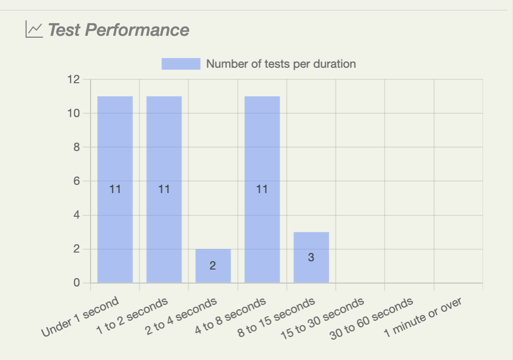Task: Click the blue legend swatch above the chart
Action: [x=181, y=64]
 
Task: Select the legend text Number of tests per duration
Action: [x=281, y=64]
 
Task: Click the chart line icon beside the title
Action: [x=34, y=30]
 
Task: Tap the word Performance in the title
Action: [x=137, y=30]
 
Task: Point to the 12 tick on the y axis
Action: [x=73, y=79]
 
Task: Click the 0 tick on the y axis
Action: [x=76, y=283]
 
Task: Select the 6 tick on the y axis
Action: [x=76, y=181]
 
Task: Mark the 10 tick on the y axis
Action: [x=73, y=113]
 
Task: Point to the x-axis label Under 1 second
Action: [x=80, y=317]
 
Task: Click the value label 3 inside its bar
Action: [x=311, y=257]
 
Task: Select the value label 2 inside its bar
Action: [x=213, y=266]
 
